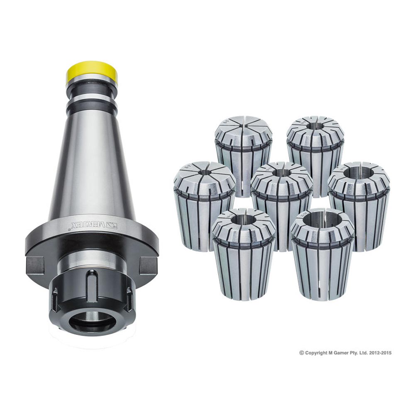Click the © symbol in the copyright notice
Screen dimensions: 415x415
click(x=302, y=353)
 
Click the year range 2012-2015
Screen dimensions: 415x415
click(x=379, y=353)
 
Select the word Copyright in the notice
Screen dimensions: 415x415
click(x=316, y=353)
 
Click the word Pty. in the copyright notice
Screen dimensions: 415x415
click(x=353, y=353)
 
